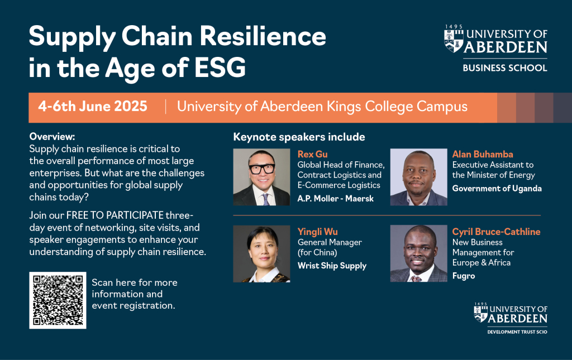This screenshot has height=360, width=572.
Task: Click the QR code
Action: point(58,300)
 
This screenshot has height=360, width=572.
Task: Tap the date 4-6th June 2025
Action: point(93,107)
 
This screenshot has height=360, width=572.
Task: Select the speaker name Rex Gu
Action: point(313,154)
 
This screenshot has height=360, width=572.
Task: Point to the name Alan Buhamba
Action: point(483,154)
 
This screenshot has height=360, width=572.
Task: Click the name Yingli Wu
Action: point(318,232)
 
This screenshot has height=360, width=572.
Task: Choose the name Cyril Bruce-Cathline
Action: point(496,232)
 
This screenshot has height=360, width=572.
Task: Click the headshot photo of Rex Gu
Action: point(261,177)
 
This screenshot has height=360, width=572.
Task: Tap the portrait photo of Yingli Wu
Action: point(261,253)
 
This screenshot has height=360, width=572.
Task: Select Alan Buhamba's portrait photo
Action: point(419,177)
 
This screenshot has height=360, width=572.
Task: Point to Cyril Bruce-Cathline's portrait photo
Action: point(419,253)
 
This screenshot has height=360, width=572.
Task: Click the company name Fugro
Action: point(464,276)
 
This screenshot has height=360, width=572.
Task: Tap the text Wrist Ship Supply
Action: point(332,266)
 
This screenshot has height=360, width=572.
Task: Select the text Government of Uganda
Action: point(497,189)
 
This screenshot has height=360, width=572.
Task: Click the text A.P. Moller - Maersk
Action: point(336,199)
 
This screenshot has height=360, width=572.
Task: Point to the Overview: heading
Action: point(52,137)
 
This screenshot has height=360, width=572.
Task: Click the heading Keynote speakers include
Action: point(299,137)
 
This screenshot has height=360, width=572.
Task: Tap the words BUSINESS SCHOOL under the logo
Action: point(505,68)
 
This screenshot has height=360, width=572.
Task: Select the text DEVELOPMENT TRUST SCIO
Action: point(517,332)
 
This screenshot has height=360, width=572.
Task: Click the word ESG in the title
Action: point(220,68)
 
